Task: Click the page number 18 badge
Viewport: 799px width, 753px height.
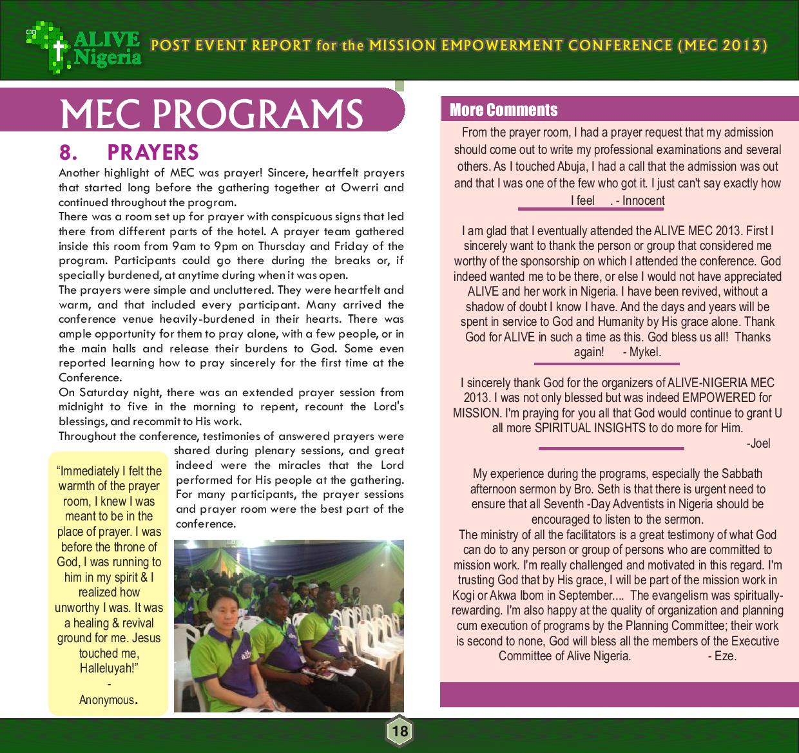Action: tap(400, 731)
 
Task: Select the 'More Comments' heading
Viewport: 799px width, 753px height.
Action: tap(503, 110)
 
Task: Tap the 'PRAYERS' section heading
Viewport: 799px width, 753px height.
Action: tap(153, 152)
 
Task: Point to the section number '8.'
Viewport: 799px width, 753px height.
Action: tap(68, 152)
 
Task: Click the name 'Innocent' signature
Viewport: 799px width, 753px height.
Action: tap(643, 200)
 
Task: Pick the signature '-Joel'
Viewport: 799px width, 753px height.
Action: tap(758, 443)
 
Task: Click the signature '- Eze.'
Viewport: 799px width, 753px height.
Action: tap(722, 656)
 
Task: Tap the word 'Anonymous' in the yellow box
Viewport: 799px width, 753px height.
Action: tap(107, 700)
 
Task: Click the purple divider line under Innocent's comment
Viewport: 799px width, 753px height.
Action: tap(592, 209)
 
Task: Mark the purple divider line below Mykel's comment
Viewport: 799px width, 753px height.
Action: tap(606, 363)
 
